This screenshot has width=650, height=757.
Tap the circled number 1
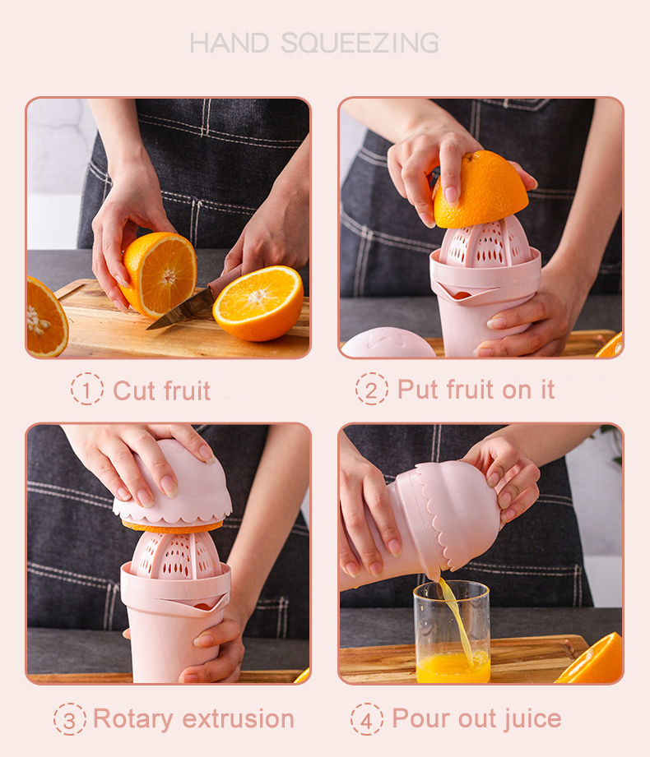click(x=87, y=389)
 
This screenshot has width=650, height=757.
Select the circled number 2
click(x=372, y=389)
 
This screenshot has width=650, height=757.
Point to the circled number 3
click(x=70, y=718)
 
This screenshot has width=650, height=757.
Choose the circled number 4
click(x=367, y=718)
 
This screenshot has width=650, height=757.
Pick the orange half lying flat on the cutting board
click(x=258, y=302)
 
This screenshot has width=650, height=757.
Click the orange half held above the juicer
click(x=481, y=189)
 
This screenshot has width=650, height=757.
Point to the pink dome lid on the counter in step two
click(x=388, y=344)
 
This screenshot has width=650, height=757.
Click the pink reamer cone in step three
click(x=176, y=558)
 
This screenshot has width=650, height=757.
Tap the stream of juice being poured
click(x=457, y=616)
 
